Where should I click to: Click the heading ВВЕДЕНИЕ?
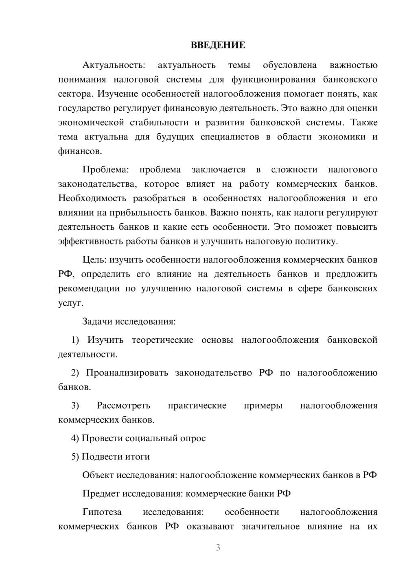218,45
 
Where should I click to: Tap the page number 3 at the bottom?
218,547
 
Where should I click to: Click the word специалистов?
230,137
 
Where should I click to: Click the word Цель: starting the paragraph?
94,260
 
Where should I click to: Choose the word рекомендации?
89,289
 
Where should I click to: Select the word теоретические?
162,340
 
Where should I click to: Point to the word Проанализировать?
127,373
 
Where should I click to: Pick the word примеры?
263,405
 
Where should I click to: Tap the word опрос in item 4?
193,438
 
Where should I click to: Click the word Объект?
98,475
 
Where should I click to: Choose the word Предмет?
101,494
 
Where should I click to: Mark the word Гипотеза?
102,512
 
